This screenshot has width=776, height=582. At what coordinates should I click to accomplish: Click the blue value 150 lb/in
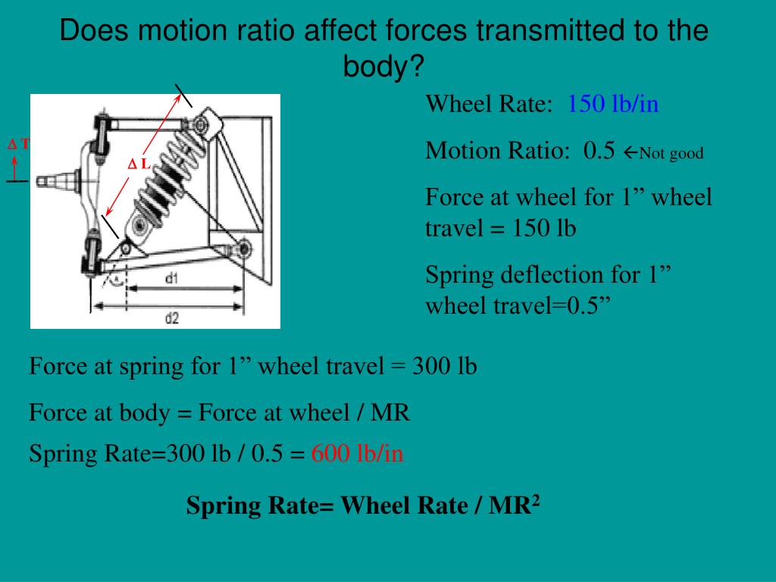coord(613,104)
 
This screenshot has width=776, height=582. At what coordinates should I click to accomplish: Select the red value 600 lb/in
coord(357,454)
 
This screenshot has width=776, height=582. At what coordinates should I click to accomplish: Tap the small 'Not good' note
coord(671,154)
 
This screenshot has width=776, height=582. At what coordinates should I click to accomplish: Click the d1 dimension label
coord(172,279)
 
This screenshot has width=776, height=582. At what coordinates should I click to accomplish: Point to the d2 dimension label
coord(172,318)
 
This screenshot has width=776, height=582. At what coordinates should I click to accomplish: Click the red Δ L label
coord(139,164)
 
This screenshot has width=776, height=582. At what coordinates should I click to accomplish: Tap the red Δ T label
coord(18,144)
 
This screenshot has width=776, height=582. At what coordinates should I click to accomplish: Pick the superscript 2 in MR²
coord(535,500)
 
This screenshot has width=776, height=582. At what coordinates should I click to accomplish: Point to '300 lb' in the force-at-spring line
coord(445,367)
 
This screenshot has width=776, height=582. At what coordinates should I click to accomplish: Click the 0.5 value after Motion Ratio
coord(599,151)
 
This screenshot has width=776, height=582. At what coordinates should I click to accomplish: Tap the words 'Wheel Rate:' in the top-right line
coord(490,104)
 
